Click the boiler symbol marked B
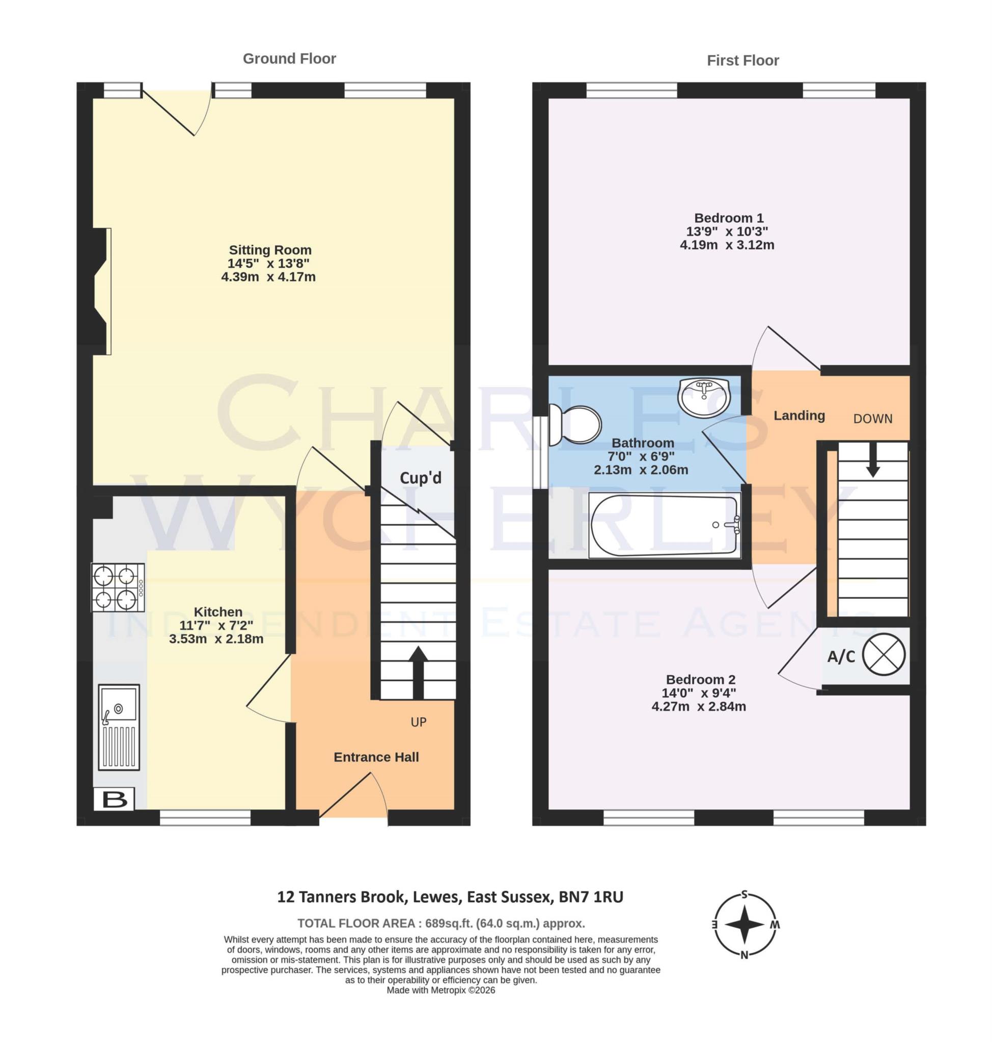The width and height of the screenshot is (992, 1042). pos(114,799)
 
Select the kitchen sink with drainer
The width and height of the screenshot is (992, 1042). pos(119,727)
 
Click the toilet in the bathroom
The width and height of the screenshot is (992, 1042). pos(575,425)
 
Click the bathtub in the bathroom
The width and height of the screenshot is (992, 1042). pos(665,525)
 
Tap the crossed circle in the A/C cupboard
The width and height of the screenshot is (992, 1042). pos(884,655)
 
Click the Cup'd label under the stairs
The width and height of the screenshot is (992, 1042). pos(421,478)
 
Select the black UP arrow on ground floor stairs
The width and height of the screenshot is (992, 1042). pos(418,671)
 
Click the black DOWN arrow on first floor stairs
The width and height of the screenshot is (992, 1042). pos(873,458)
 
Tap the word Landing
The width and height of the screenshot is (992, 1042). pos(799,416)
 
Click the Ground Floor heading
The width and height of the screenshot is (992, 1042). pos(289,59)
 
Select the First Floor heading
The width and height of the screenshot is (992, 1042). pos(742,61)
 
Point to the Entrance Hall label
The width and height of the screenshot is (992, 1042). pos(376,757)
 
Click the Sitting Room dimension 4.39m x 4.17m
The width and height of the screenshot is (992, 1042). pos(268,277)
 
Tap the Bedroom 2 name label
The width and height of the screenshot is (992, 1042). pos(700,680)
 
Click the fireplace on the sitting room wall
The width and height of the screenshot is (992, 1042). pos(100,291)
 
